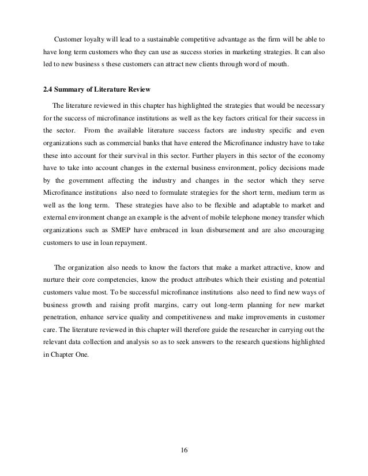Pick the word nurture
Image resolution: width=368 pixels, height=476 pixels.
coord(54,282)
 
